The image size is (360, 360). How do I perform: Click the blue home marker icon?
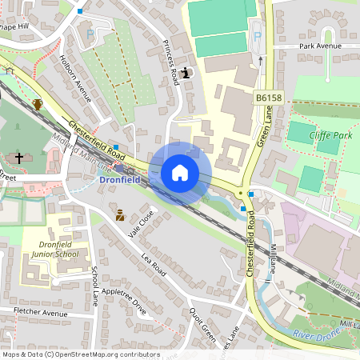pos(180,172)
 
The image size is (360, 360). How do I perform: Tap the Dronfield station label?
pos(119,180)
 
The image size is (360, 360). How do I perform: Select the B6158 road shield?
pos(270,98)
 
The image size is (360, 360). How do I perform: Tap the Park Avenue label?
pos(320,47)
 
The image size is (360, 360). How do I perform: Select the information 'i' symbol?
pos(186,74)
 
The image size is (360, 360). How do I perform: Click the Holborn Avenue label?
pos(77,78)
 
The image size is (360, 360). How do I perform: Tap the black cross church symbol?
pos(19,158)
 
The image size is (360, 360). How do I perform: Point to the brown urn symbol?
pos(38,104)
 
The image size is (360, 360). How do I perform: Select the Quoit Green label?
pos(202,325)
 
